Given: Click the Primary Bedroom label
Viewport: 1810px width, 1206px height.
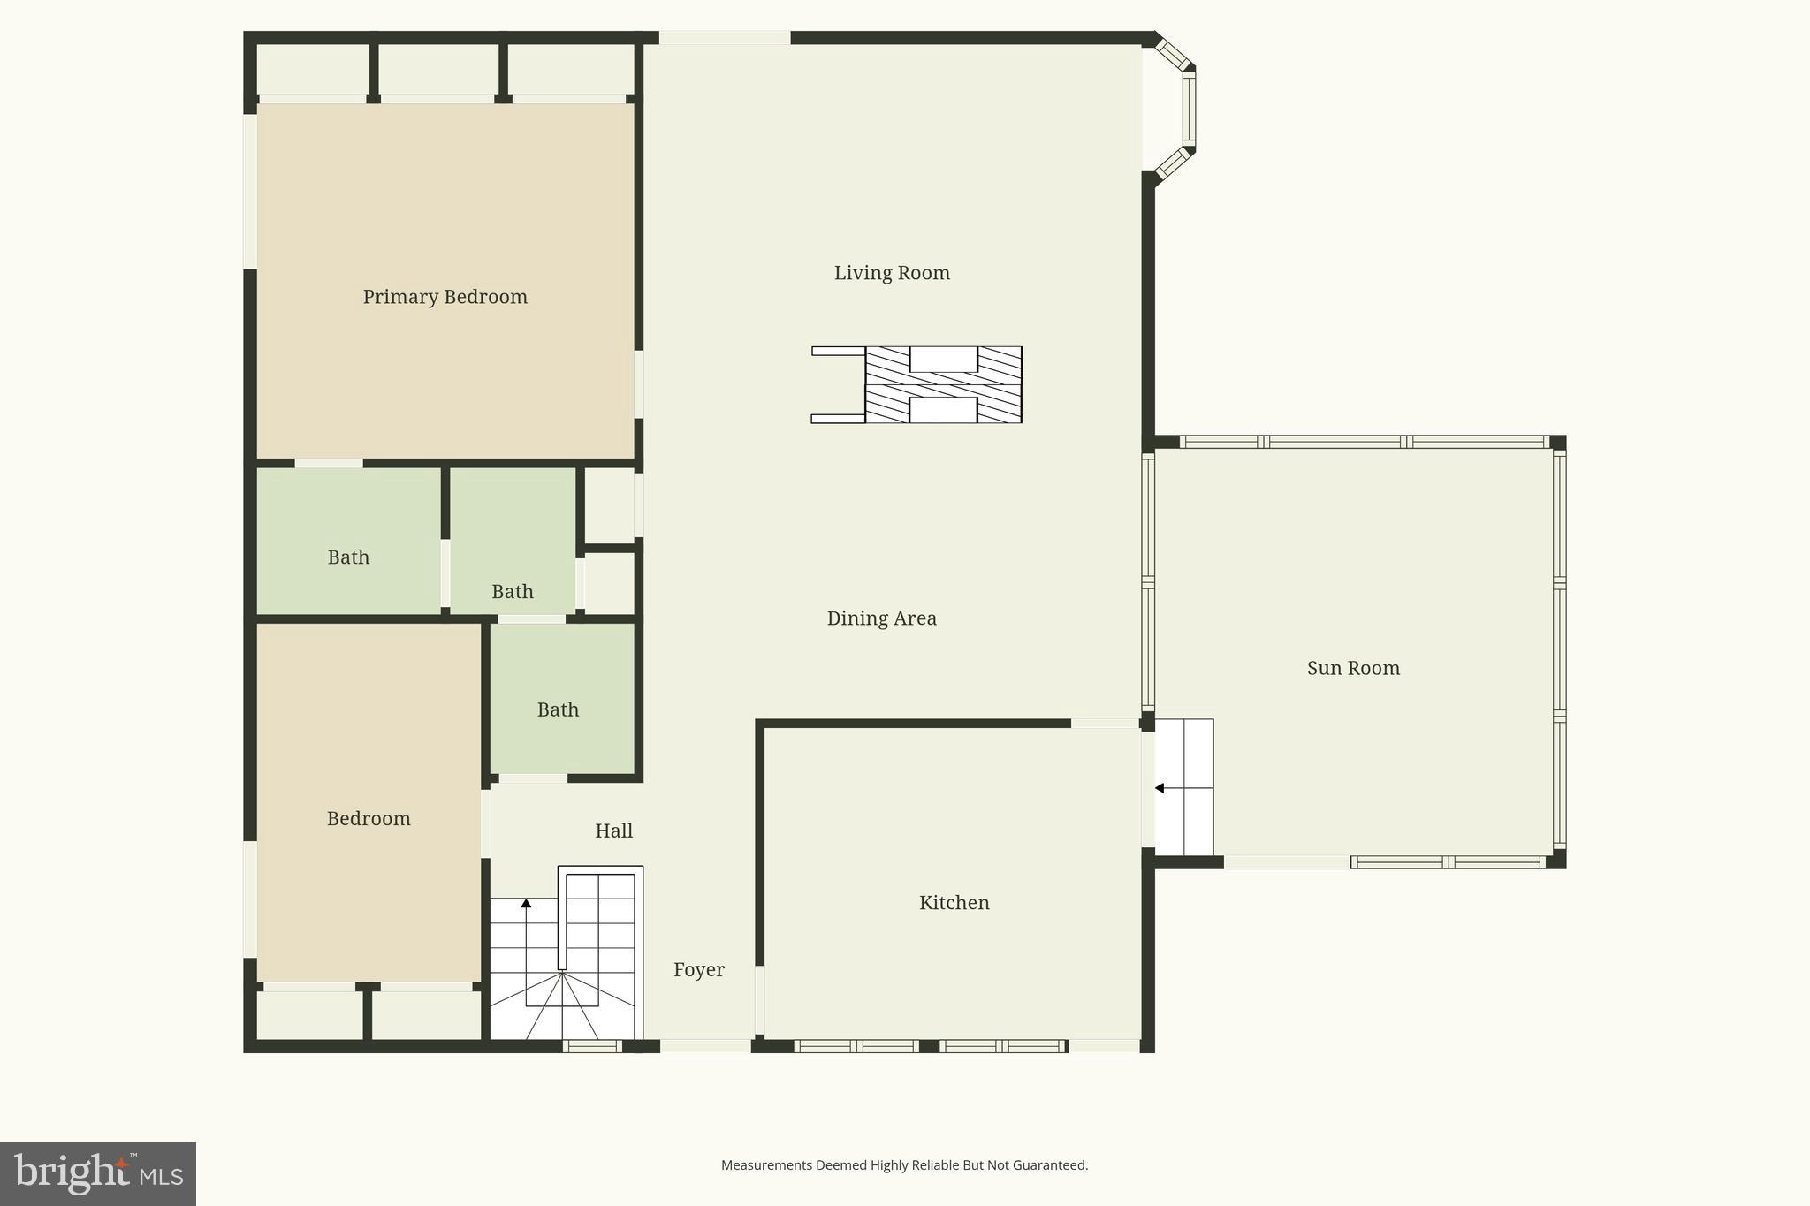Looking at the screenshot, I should coord(445,297).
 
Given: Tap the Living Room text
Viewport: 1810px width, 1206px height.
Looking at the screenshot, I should coord(892,273).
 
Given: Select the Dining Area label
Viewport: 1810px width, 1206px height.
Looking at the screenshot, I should coord(881,618).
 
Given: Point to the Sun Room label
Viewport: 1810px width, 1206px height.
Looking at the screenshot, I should coord(1353,668).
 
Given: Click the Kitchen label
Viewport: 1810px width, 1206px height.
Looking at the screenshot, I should coord(954,903).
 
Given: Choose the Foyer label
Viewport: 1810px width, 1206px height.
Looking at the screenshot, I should coord(698,970).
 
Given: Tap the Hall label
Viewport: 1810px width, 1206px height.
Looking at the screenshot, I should coord(613,831).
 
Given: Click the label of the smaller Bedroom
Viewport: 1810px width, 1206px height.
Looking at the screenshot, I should coord(369,819).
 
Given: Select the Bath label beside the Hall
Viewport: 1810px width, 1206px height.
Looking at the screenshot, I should coord(558,709).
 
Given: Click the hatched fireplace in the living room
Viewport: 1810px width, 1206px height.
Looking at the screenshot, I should coord(943,385).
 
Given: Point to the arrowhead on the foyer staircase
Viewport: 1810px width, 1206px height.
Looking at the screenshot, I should coord(526,903).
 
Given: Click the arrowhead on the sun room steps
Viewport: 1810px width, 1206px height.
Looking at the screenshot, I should coord(1160,788).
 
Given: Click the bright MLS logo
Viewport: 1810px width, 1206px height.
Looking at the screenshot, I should coord(98,1173).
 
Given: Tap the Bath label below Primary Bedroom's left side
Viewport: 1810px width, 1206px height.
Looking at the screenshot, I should coord(348,557).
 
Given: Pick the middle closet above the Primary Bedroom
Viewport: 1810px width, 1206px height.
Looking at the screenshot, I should coord(437,70).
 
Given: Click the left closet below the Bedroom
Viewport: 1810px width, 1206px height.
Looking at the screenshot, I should coord(308,1015).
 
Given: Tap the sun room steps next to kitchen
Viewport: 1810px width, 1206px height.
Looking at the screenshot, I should coord(1184,788).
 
